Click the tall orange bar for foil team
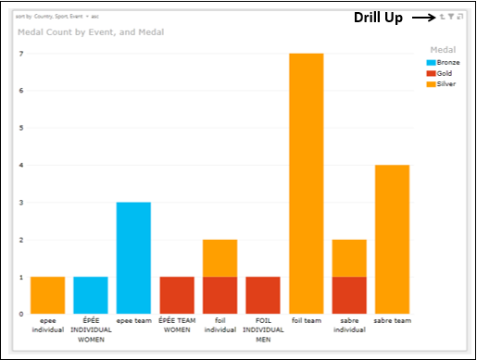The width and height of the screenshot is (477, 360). coord(306,183)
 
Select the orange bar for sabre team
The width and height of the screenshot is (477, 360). coord(392,239)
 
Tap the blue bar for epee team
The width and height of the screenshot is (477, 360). coord(134,257)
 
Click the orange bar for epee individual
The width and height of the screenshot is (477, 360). coord(48,294)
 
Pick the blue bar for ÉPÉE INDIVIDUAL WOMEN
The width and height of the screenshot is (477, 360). coord(91,294)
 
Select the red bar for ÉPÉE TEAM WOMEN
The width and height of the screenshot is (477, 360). coord(177,294)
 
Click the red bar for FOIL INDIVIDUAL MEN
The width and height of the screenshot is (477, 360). coord(263,294)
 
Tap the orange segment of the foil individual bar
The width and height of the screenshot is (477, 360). coord(220,257)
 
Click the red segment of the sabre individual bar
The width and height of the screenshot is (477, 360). coord(349,294)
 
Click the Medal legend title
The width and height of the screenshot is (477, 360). coord(444,49)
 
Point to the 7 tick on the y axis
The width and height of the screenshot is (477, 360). coord(21,54)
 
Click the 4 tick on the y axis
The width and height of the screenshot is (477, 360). coord(21,165)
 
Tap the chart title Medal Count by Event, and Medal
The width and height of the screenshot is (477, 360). coord(91,32)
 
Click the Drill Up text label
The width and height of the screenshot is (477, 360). coord(378,18)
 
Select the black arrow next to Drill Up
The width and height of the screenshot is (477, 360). coord(422,18)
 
